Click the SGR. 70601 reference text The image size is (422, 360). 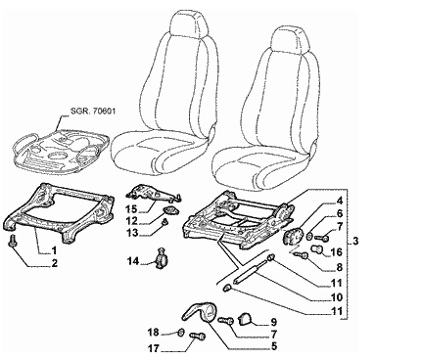point(93,112)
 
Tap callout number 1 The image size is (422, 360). point(54,250)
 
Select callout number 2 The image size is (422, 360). point(54,263)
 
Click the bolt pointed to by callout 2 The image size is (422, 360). point(13,242)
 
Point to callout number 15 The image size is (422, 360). point(133,208)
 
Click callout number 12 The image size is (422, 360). point(133,220)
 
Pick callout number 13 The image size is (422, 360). point(133,233)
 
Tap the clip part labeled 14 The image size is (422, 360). point(162,259)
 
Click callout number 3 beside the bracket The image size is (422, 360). point(355,241)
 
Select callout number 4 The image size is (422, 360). point(340,200)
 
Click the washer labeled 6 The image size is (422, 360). point(309,236)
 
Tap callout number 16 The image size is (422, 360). point(336,252)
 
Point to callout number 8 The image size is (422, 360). point(340,267)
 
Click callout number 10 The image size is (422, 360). point(336,297)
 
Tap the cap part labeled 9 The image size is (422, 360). point(246,319)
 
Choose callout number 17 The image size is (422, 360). point(154,349)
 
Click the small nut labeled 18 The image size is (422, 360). point(180,333)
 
